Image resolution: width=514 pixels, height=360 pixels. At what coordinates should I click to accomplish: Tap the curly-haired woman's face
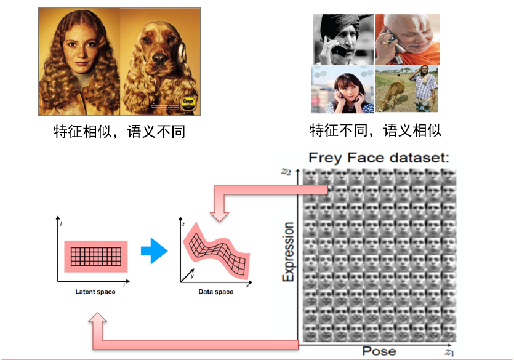(78, 52)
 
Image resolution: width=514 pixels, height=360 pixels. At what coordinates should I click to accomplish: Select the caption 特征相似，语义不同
(119, 132)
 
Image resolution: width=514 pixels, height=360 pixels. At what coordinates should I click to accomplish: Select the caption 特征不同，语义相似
(375, 130)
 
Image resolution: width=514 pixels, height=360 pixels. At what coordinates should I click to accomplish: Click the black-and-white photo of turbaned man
(342, 39)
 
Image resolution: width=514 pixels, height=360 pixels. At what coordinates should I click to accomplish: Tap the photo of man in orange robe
(406, 39)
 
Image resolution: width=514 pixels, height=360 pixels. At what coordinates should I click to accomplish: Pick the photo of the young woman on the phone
(342, 90)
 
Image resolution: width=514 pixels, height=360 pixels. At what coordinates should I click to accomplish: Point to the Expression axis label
(288, 252)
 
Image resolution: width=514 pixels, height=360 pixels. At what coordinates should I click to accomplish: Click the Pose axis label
(379, 351)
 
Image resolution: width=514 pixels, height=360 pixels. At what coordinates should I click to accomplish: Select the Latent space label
(95, 292)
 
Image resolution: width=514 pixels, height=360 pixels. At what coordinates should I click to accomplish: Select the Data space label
(215, 292)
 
